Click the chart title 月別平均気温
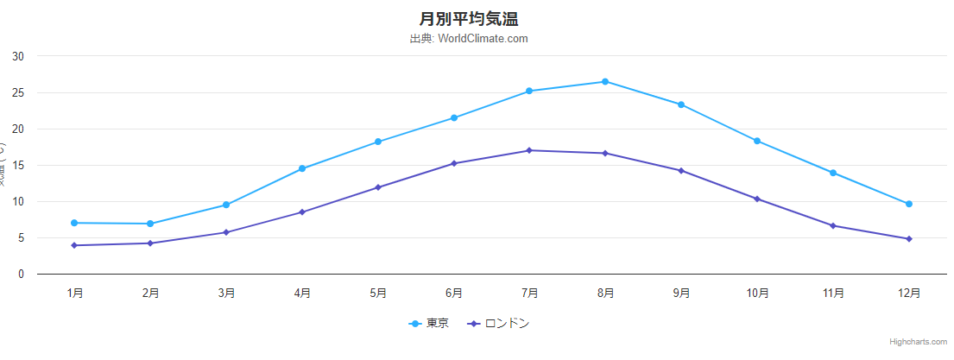pos(469,18)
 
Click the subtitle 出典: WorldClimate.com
pos(469,39)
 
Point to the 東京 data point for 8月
pos(605,82)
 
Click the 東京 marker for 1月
pos(74,223)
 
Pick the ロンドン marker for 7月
pos(529,150)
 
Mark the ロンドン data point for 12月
pos(909,239)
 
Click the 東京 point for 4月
pos(302,168)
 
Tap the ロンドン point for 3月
pos(226,232)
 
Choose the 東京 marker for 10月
pos(757,141)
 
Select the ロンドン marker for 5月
pos(378,187)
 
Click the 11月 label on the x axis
pos(833,294)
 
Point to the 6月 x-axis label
pos(454,294)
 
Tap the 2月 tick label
pos(150,294)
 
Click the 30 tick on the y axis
pos(18,57)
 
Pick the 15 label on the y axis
pos(18,166)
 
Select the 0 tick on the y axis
pos(21,275)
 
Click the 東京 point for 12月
pos(909,204)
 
